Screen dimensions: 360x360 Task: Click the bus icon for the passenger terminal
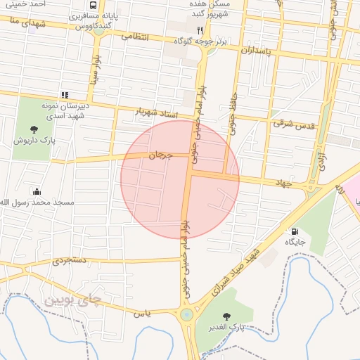click(x=93, y=6)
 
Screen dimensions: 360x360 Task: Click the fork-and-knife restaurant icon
click(x=200, y=31)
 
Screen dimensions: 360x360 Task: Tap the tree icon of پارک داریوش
click(x=34, y=129)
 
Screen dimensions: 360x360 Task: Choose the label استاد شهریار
click(x=157, y=112)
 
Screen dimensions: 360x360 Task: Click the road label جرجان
click(x=160, y=155)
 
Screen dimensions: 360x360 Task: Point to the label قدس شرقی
click(x=292, y=124)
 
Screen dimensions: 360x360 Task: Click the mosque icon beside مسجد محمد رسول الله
click(x=37, y=191)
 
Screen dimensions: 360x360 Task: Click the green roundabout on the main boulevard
click(x=186, y=315)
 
